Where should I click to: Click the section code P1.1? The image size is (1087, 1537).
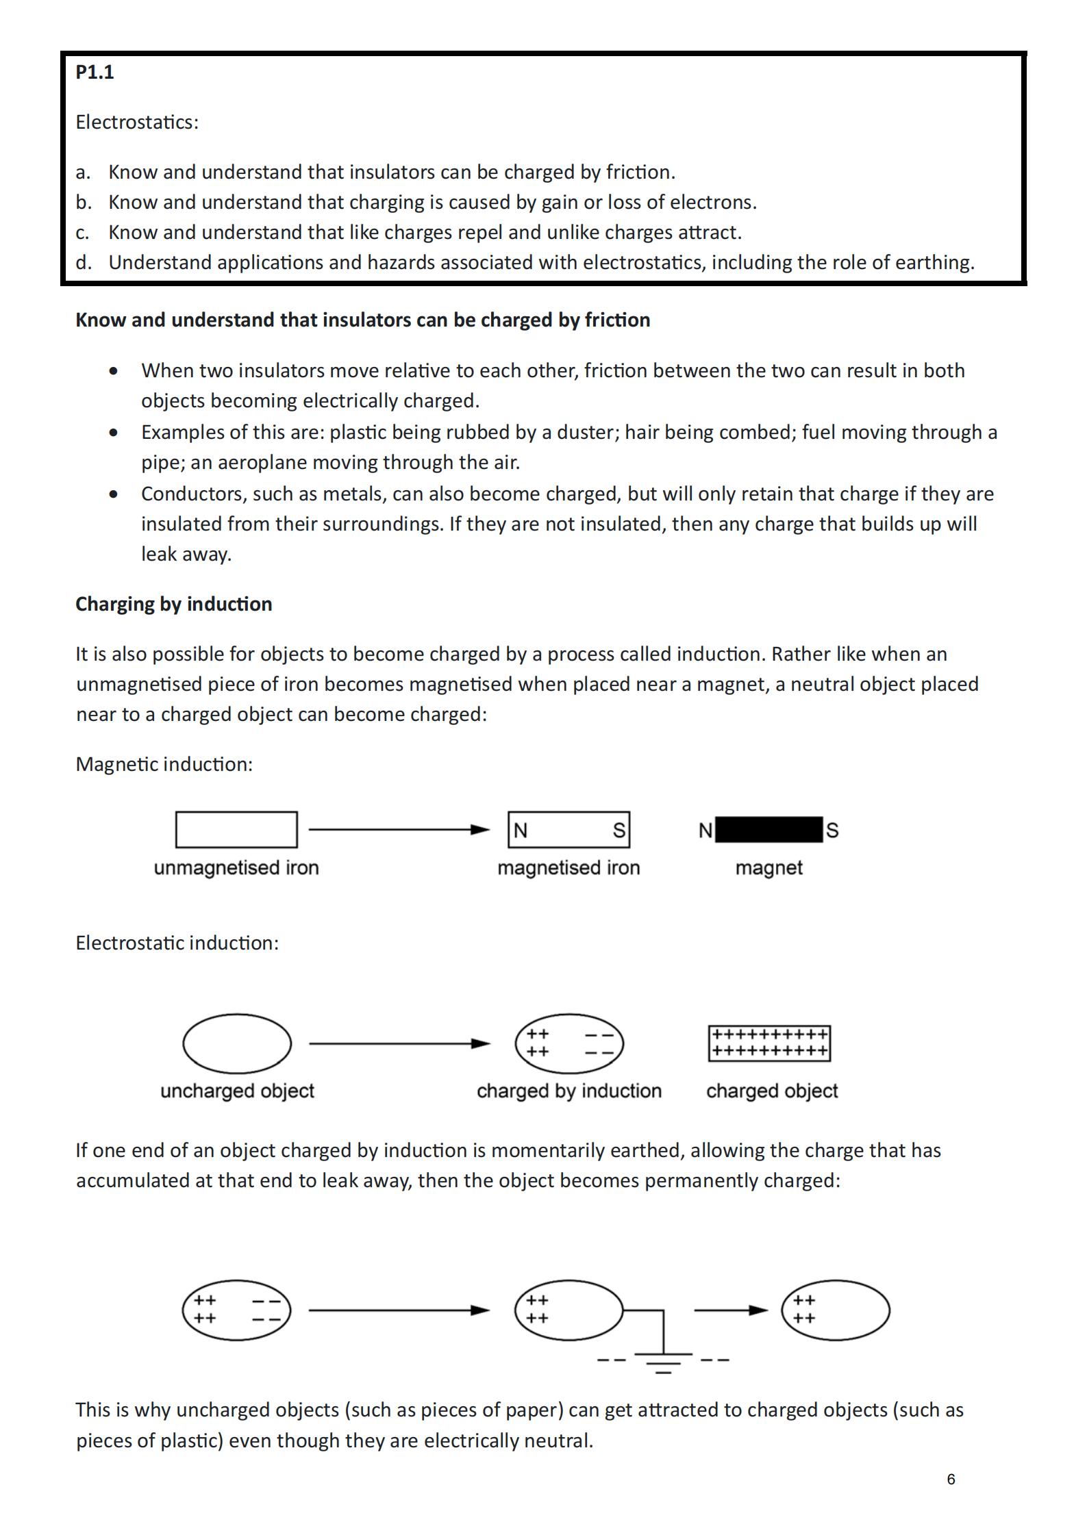95,72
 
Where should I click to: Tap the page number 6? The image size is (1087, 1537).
951,1479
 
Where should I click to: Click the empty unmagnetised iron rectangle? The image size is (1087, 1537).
236,830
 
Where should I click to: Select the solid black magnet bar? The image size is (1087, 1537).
769,830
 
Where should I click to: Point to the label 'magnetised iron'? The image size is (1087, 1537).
569,867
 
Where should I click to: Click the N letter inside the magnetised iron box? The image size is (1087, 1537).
521,830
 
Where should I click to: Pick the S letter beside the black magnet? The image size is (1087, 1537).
832,830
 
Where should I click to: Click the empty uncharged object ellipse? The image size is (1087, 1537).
237,1043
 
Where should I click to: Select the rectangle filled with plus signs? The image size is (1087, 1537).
769,1043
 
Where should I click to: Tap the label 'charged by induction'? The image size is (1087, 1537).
569,1091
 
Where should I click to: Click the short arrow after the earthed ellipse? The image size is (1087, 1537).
731,1310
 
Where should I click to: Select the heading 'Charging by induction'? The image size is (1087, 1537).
174,604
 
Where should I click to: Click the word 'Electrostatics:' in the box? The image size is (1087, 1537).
137,122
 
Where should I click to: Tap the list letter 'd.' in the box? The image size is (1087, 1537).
84,262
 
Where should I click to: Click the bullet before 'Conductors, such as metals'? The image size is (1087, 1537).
113,494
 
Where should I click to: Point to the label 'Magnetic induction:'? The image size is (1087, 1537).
164,764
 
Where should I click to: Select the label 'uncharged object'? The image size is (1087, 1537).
237,1091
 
